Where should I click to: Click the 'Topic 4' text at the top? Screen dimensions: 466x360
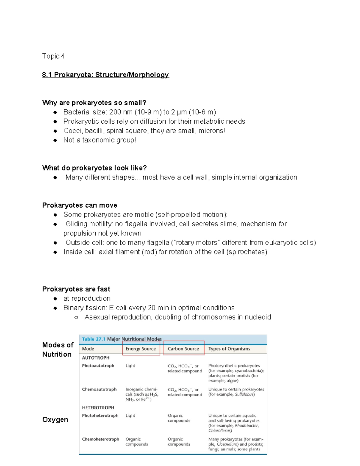(x=53, y=56)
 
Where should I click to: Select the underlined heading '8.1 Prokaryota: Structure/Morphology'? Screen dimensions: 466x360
(x=106, y=75)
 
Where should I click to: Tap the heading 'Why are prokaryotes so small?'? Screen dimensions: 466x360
(x=94, y=103)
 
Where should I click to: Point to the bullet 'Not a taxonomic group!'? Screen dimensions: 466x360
(x=100, y=140)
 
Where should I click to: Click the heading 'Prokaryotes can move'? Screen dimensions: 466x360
(x=79, y=205)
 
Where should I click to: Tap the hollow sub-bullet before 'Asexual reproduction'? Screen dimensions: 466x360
(x=76, y=317)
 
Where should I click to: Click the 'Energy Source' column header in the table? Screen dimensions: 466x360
(x=141, y=349)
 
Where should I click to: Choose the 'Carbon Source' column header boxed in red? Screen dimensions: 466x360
(x=183, y=349)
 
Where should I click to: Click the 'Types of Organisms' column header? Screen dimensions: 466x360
(x=229, y=349)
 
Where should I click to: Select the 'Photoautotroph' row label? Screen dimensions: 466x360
(x=98, y=365)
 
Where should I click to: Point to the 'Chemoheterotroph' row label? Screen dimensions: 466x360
(x=100, y=439)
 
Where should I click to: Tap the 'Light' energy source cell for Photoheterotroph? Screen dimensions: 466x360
(x=130, y=416)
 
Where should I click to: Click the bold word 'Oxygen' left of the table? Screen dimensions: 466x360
(x=55, y=419)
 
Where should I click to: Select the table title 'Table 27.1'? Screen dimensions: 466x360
(x=94, y=339)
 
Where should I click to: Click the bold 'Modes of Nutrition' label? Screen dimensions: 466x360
(x=58, y=350)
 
